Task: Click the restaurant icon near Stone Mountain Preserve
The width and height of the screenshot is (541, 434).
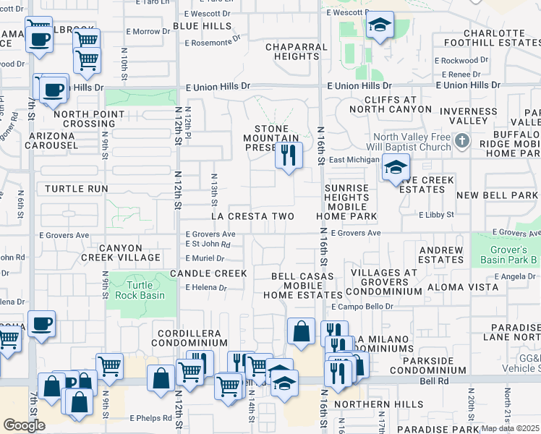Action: tap(289, 155)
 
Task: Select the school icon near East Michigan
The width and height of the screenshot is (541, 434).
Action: tap(395, 169)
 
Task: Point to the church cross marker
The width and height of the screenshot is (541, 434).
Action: tap(463, 140)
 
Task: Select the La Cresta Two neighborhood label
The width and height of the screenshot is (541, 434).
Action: tap(252, 216)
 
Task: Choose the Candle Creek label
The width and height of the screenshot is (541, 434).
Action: tap(208, 273)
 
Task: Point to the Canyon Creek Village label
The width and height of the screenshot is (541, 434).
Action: tap(130, 252)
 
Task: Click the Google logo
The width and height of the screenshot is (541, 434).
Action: tap(25, 425)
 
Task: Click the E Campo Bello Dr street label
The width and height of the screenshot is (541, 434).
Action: tap(367, 307)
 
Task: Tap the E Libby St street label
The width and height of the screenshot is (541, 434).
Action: tap(435, 215)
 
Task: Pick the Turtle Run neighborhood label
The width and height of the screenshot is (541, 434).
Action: tap(76, 189)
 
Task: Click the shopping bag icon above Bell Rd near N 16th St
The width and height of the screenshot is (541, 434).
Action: tap(301, 332)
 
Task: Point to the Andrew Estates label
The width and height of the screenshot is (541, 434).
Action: tap(440, 255)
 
